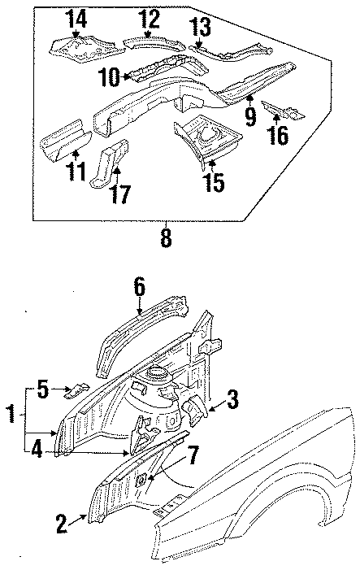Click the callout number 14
pos(75,17)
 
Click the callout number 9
pos(249,115)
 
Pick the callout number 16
pos(276,133)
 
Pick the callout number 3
pos(232,399)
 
